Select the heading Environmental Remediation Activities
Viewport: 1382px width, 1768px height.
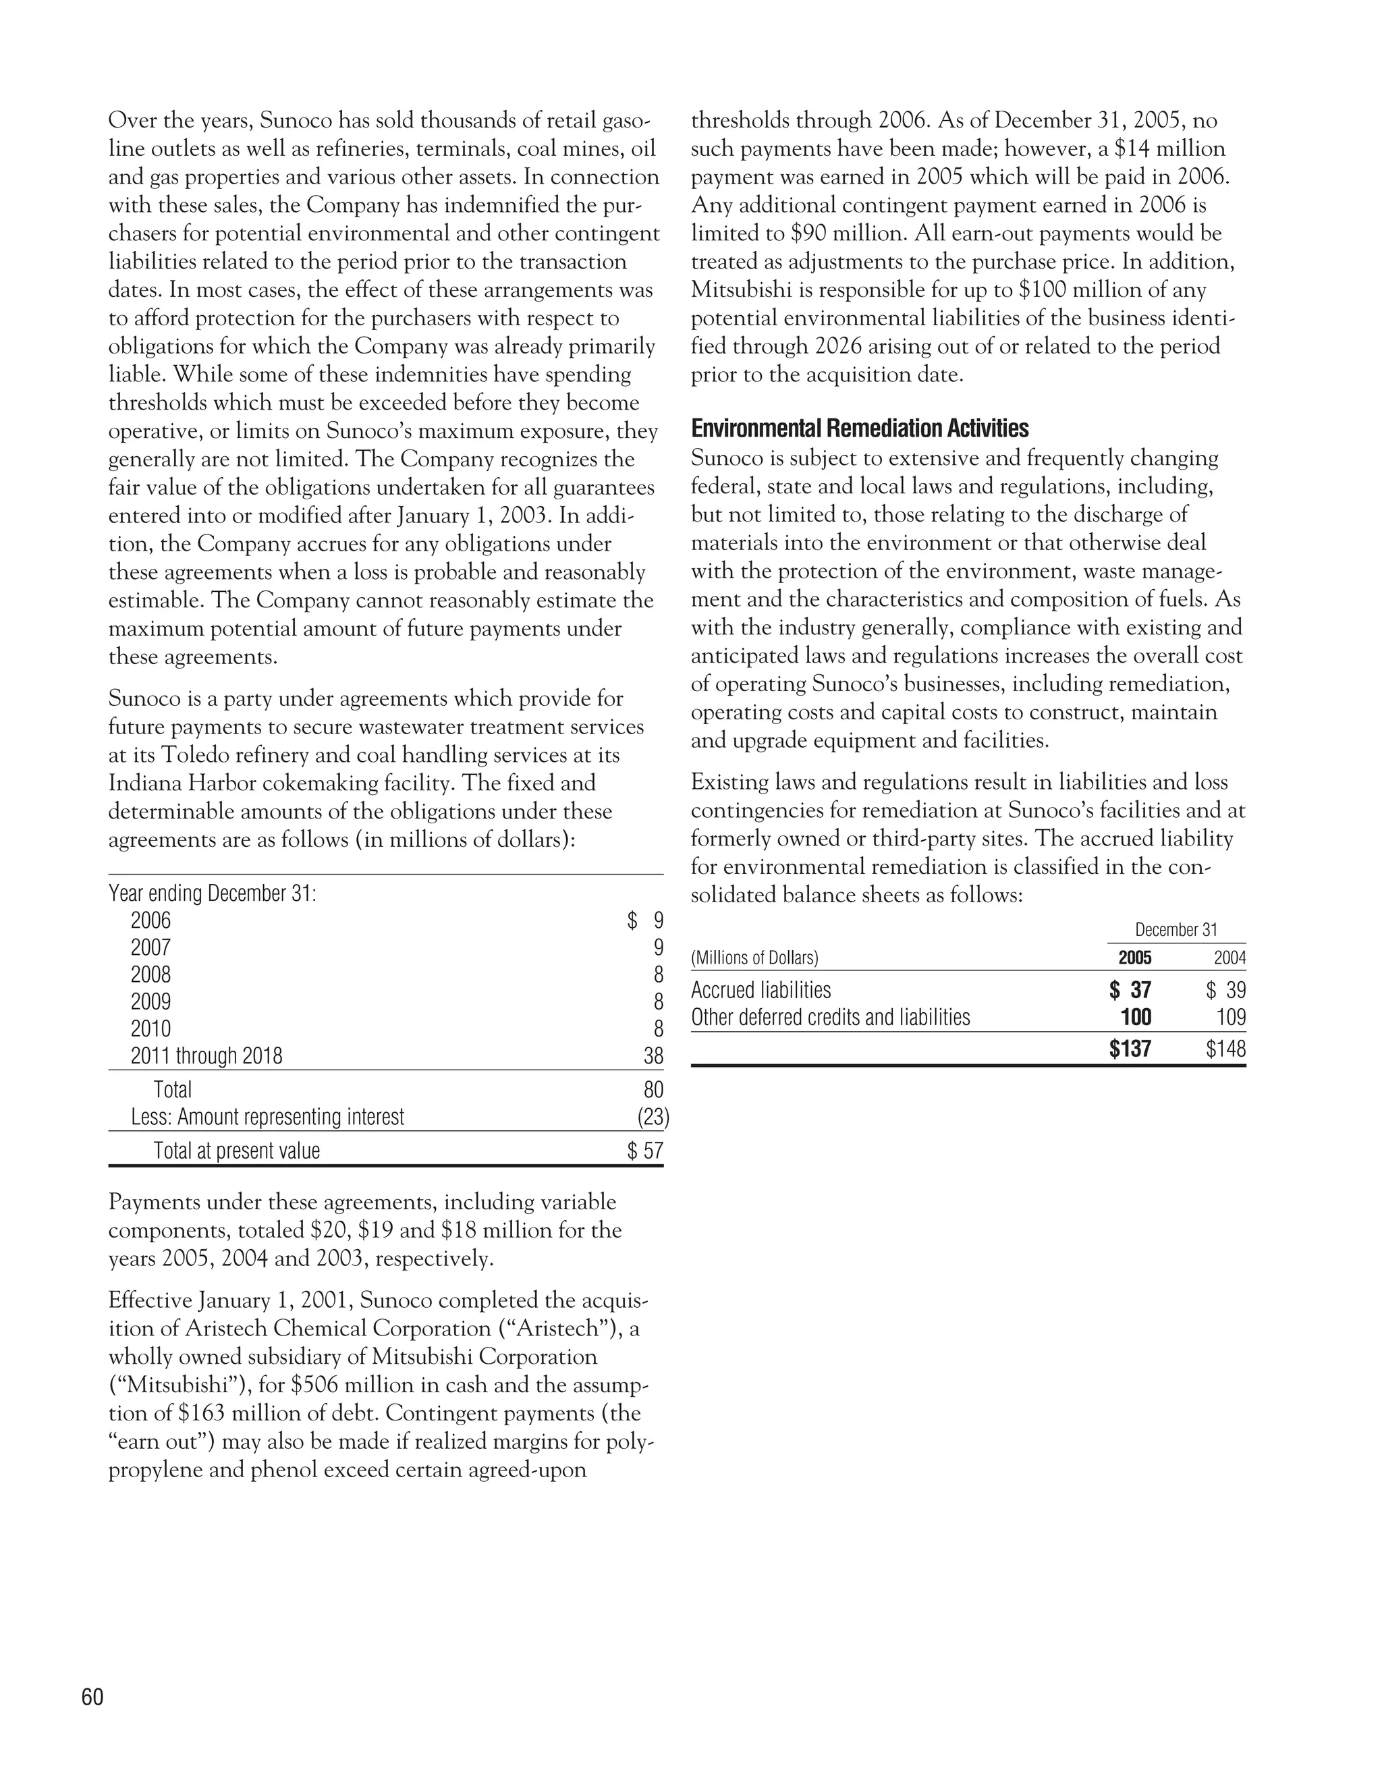pos(860,429)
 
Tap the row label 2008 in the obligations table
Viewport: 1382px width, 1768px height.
pos(150,974)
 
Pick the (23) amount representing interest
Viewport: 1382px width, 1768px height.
pos(653,1117)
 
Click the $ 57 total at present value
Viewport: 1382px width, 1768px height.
pos(645,1151)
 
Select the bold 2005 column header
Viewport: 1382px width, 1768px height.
pos(1134,958)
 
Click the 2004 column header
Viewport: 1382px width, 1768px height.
pos(1229,958)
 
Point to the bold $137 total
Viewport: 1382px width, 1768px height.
pos(1130,1050)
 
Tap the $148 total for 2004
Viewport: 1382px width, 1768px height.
pos(1225,1050)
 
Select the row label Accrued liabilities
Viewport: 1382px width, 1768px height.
pos(761,990)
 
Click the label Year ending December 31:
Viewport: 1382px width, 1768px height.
pos(212,893)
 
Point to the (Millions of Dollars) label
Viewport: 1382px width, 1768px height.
pos(754,958)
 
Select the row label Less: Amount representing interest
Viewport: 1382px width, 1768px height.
pos(267,1117)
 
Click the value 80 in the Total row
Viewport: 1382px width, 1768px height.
pos(653,1090)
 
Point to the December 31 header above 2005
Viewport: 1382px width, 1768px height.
pos(1176,930)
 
